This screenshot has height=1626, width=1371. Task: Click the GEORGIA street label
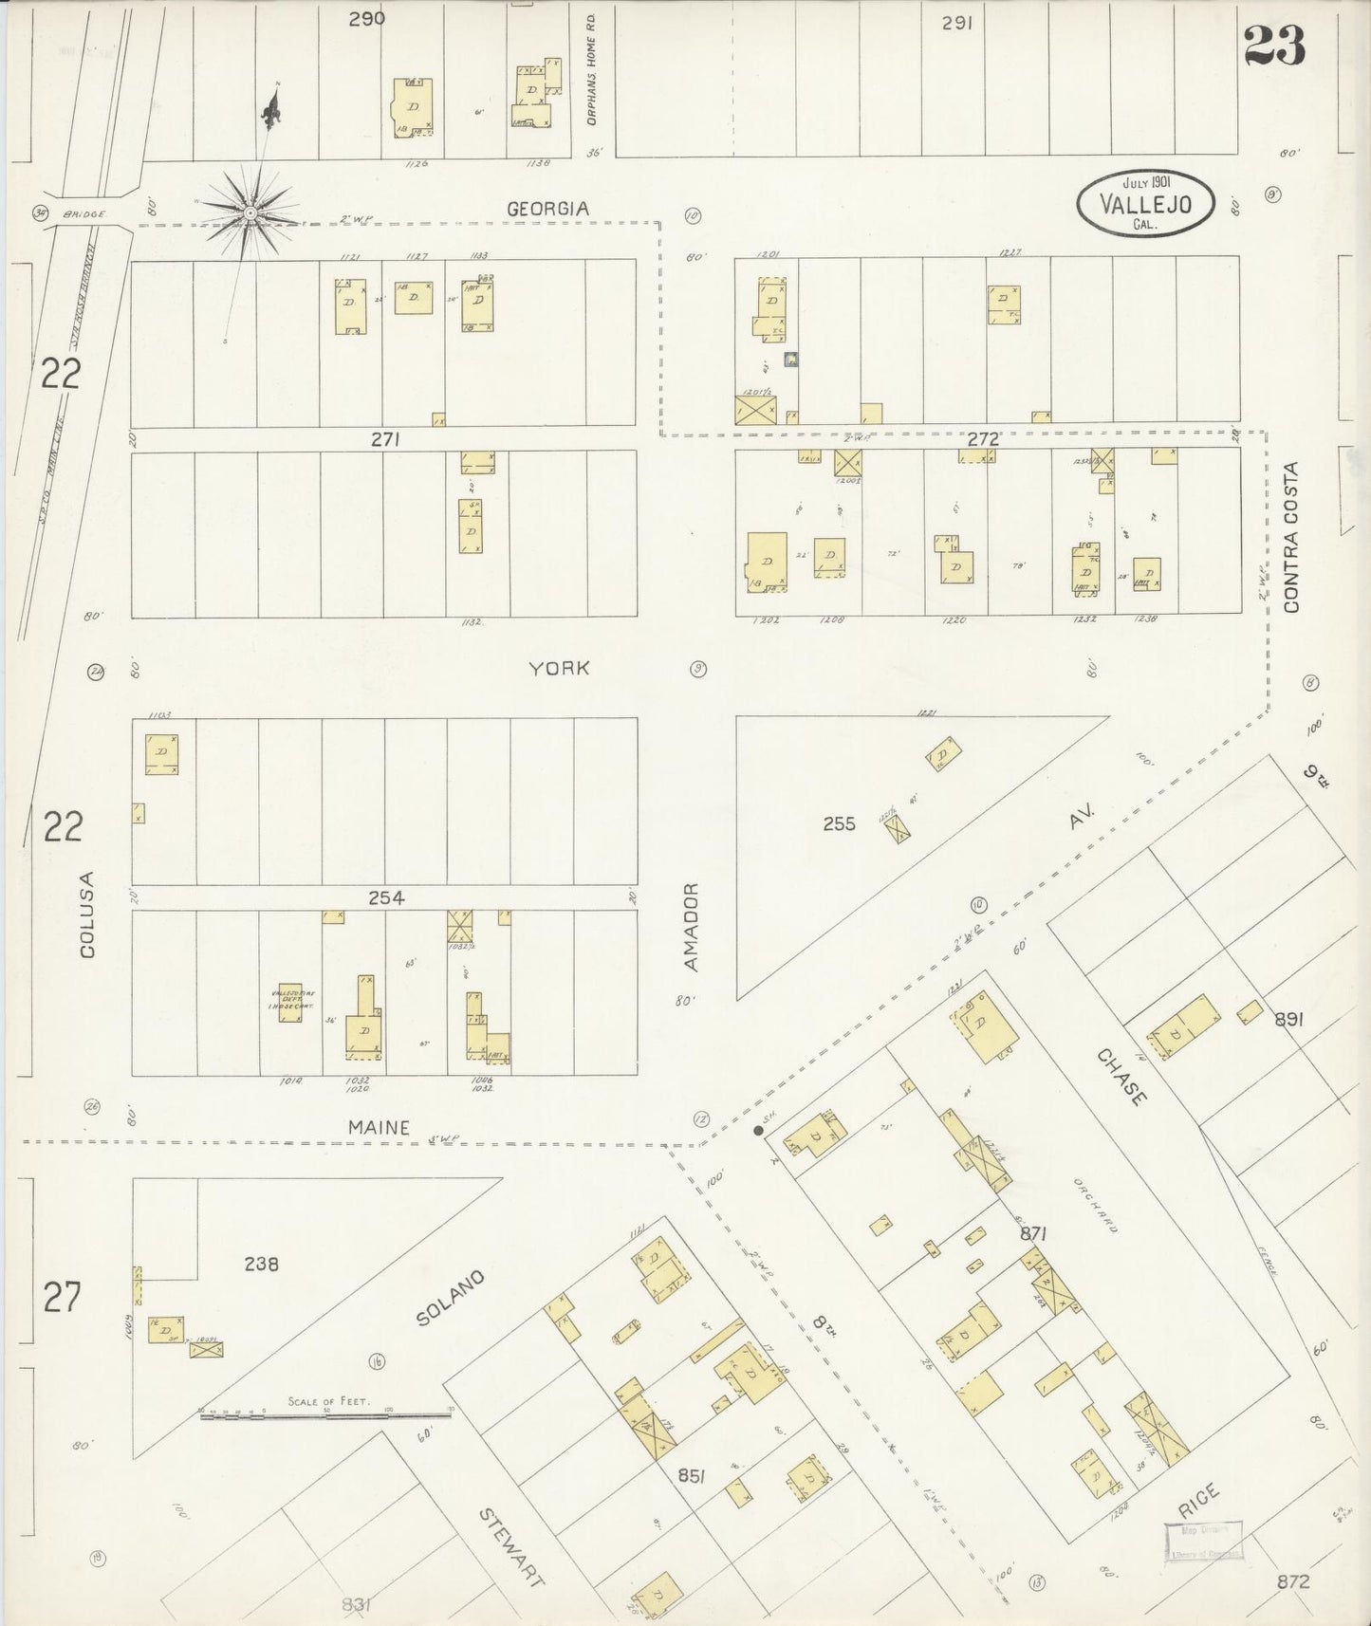pos(547,209)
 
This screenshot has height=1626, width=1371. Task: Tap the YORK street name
pos(559,668)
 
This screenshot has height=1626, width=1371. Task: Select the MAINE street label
pos(378,1127)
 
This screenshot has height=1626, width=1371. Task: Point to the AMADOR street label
pos(691,927)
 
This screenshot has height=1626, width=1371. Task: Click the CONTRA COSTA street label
pos(1290,536)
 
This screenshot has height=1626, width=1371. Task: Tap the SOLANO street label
pos(450,1297)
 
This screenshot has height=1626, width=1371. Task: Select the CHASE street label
pos(1121,1077)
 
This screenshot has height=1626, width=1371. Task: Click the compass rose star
pos(250,213)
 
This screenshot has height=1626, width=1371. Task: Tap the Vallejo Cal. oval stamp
pos(1145,201)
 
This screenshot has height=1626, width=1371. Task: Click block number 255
pos(839,823)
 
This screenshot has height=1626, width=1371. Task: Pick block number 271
pos(385,439)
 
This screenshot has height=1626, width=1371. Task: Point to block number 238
pos(260,1264)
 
